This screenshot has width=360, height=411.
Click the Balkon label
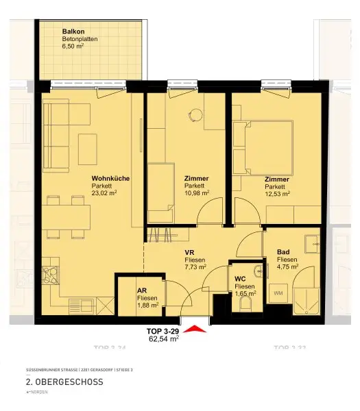(x=73, y=32)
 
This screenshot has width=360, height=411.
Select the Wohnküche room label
(x=110, y=178)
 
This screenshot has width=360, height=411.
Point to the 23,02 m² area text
(x=105, y=193)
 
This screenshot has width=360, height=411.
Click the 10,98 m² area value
(x=197, y=193)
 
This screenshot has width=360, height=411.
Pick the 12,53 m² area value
(x=278, y=193)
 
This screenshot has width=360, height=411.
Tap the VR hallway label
(x=190, y=252)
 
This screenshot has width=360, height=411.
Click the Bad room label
(x=283, y=252)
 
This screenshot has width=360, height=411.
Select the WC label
(x=240, y=279)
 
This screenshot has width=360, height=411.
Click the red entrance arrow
(x=195, y=329)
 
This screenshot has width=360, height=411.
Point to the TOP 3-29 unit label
(x=164, y=331)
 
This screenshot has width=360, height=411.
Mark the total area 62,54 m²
(x=164, y=338)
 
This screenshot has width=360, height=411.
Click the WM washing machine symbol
(x=278, y=294)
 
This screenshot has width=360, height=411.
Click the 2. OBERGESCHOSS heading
(x=64, y=382)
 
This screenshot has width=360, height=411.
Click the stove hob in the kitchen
(x=51, y=277)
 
